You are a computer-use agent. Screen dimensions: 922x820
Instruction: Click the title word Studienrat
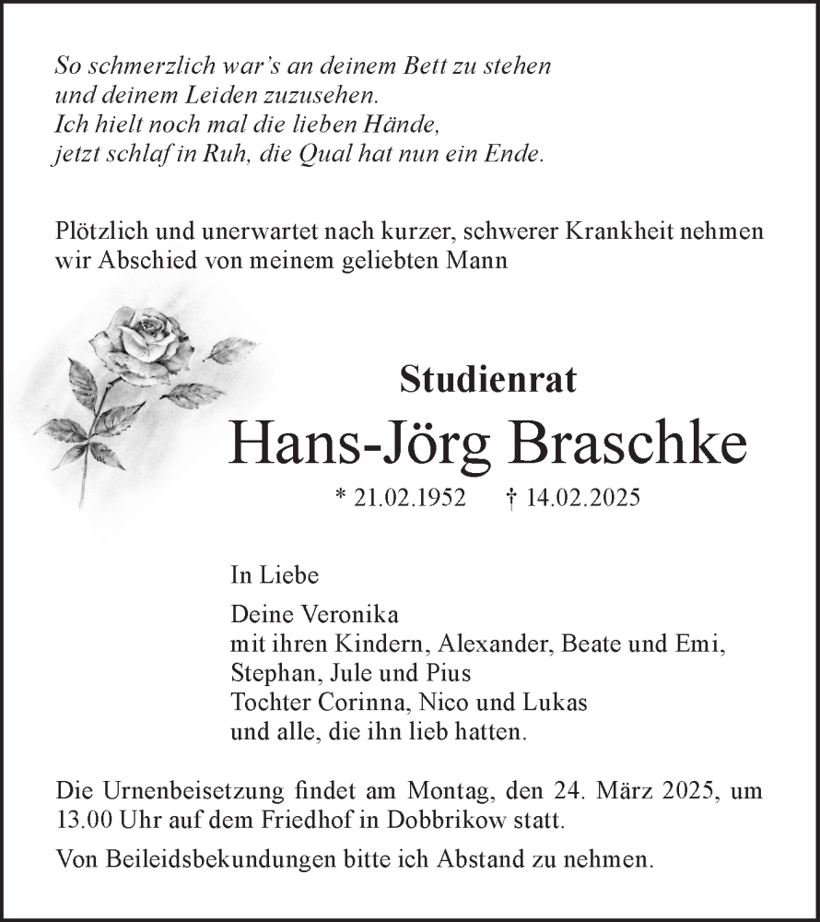(x=487, y=380)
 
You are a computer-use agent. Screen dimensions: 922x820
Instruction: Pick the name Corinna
(x=357, y=702)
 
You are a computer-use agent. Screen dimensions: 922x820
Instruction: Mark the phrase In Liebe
(x=275, y=576)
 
